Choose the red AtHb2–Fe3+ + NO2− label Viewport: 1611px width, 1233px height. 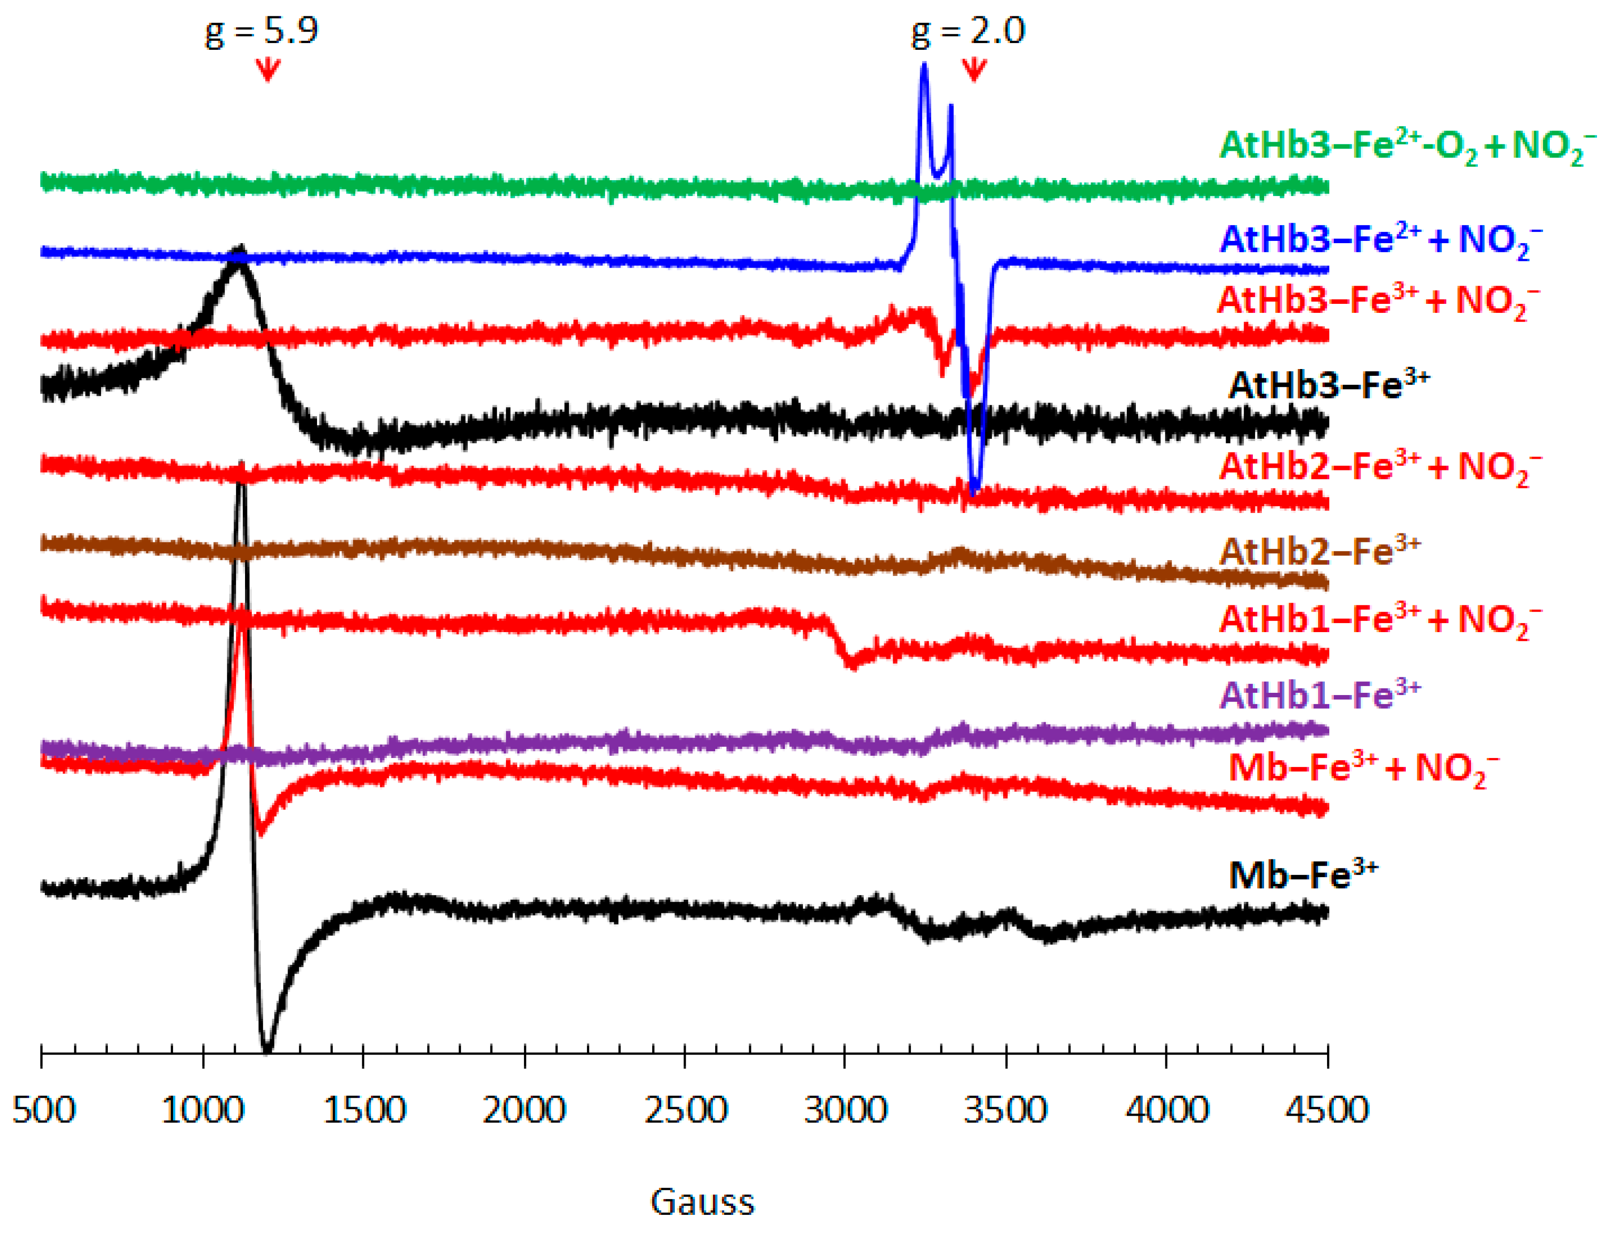pyautogui.click(x=1380, y=467)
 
